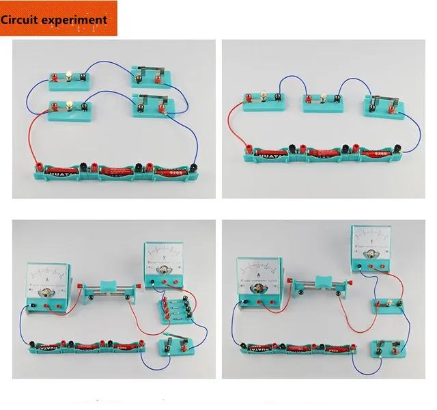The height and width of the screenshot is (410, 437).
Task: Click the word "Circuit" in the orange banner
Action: tap(21, 19)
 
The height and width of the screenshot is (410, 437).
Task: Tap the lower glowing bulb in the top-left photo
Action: tap(70, 104)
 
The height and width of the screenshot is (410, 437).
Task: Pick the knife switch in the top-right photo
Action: tap(382, 105)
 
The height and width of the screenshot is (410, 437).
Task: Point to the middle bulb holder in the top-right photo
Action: tap(322, 102)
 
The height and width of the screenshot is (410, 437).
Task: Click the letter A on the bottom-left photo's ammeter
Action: tap(46, 279)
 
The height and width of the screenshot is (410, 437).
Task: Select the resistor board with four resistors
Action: tap(173, 311)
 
